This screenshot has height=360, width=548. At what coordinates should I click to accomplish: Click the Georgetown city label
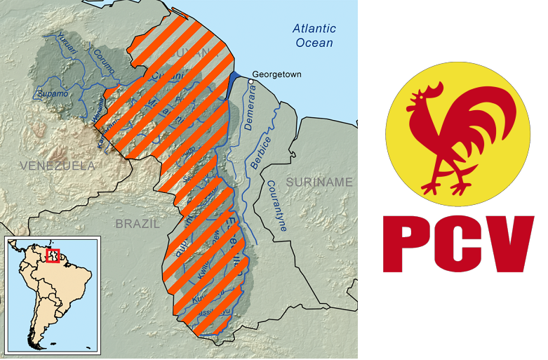(276, 74)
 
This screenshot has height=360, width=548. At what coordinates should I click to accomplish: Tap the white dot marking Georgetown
(251, 81)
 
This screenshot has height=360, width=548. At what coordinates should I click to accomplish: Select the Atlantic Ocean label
(314, 36)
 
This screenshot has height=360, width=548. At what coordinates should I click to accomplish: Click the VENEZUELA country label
(58, 166)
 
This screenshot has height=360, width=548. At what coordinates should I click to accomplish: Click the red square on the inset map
(53, 255)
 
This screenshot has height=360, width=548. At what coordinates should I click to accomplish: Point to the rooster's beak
(412, 107)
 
